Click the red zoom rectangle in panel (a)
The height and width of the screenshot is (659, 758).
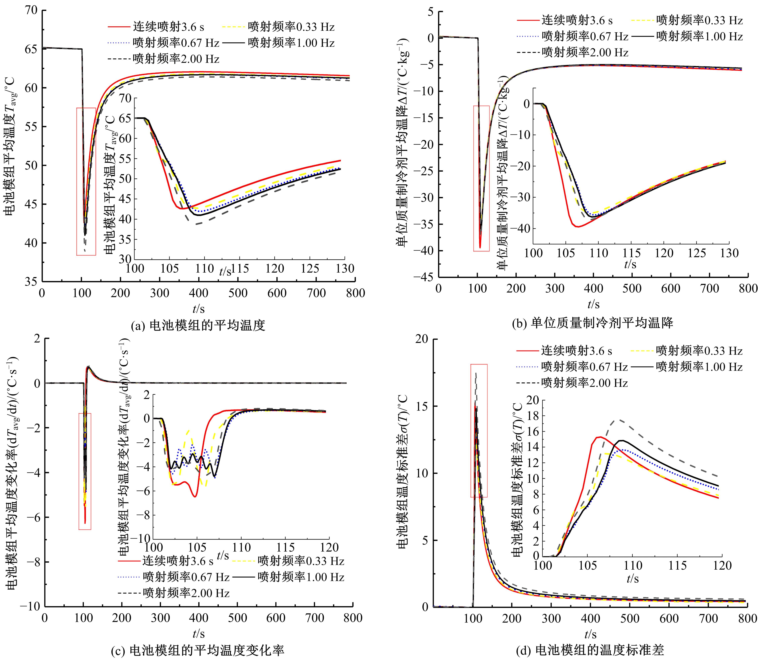click(86, 181)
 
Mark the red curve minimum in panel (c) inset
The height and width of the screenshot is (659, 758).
click(195, 497)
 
